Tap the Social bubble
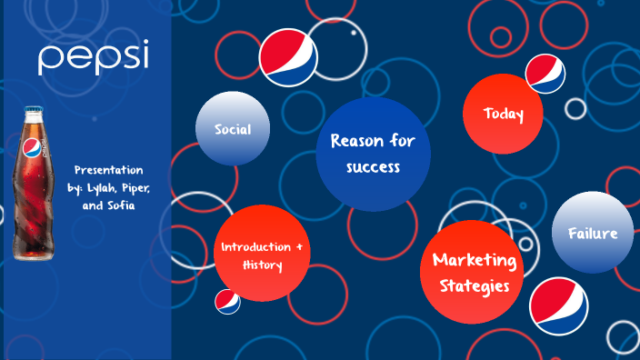[x=233, y=128]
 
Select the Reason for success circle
[x=373, y=154]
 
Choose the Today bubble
[x=504, y=114]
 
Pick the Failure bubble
[x=593, y=233]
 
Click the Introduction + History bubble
[x=263, y=255]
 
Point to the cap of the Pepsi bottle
[x=35, y=112]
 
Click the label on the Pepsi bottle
[x=32, y=151]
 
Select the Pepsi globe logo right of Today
[x=545, y=73]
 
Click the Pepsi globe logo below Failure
[x=558, y=306]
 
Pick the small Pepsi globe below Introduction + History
[x=227, y=302]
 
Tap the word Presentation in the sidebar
[x=108, y=171]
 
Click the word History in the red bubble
[x=263, y=265]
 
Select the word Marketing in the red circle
[x=475, y=260]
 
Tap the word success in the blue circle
[x=373, y=167]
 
